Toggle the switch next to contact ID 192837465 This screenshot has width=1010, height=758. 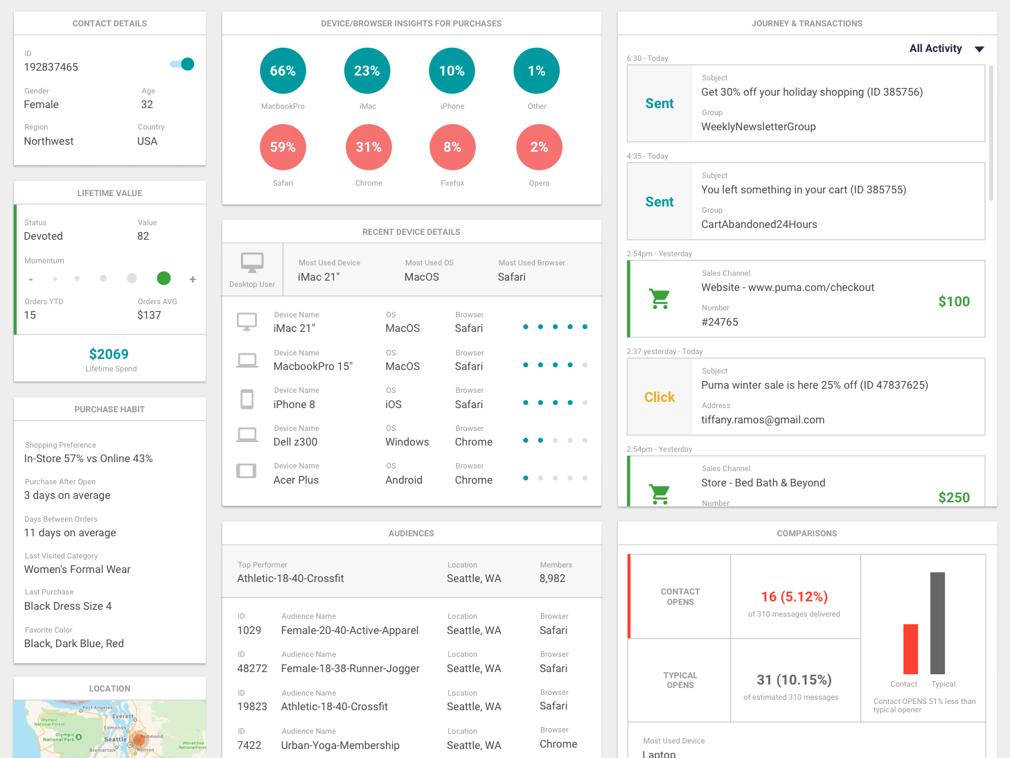coord(182,64)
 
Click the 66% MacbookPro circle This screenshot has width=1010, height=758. coord(283,71)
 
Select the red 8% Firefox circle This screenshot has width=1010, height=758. coord(452,147)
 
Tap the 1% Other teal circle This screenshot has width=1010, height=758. coord(536,71)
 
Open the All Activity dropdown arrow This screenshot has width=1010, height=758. coord(979,49)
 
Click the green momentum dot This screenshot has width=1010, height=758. coord(163,279)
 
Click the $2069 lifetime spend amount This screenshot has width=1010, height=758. coord(109,354)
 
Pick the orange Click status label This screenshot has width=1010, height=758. coord(659,397)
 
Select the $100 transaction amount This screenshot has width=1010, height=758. coord(954,301)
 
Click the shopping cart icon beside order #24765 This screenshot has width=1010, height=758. coord(659,299)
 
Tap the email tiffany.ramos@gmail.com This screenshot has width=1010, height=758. coord(763,420)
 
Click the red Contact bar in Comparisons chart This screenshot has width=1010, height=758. coord(910,649)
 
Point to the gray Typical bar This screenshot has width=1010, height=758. coord(937,623)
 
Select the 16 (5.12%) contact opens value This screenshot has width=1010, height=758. coord(794,597)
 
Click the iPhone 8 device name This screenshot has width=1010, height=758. coord(294,405)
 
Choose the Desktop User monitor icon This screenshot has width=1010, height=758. coord(252,263)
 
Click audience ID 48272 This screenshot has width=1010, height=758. coord(252,669)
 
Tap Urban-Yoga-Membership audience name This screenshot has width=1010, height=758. coord(340,746)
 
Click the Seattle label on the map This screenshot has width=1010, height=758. coord(115,739)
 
